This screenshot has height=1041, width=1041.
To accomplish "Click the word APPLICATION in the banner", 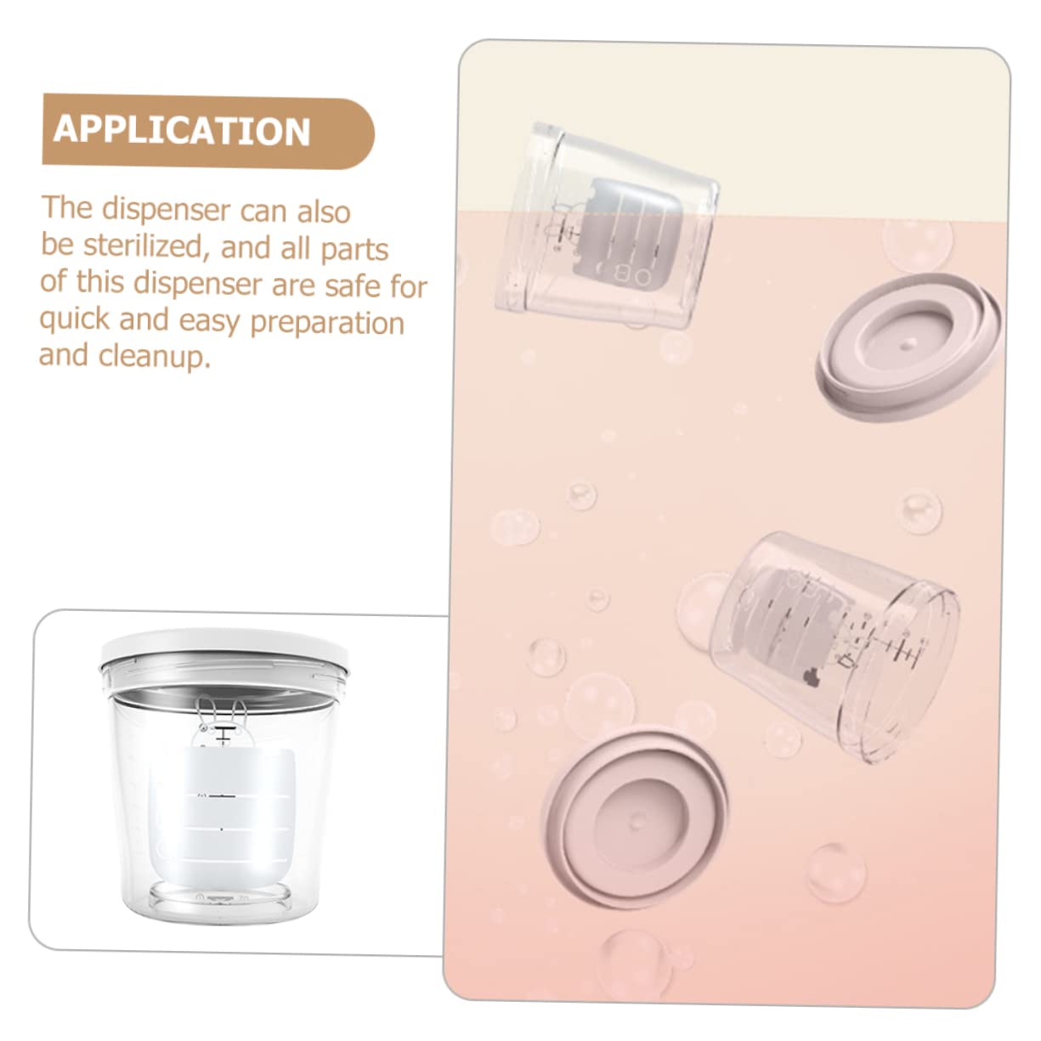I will (x=182, y=131).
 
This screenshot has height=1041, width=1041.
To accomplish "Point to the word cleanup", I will (x=154, y=356).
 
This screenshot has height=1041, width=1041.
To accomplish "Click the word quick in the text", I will (x=75, y=320).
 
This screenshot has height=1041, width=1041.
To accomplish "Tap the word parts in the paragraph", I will (x=354, y=249).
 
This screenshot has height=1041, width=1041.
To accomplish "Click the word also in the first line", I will (x=324, y=210).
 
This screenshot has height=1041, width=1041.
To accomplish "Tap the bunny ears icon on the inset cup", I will (x=219, y=718).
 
